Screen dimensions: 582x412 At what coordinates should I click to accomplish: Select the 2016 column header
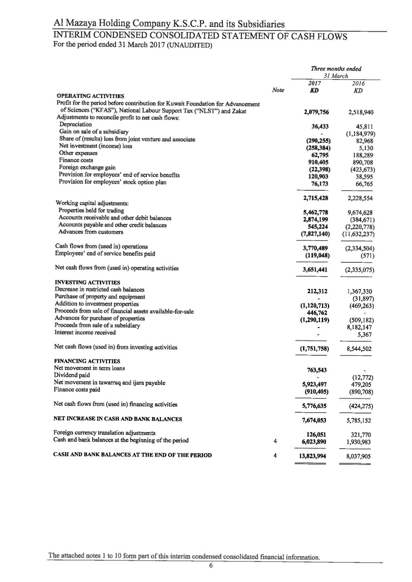pos(358,83)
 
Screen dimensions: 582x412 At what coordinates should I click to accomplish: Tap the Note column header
pos(278,91)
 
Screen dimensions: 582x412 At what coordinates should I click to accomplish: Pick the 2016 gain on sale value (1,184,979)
pos(360,134)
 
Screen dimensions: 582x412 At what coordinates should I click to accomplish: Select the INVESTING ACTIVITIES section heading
pos(88,282)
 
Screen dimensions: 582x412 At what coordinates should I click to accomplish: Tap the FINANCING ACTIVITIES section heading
pos(87,361)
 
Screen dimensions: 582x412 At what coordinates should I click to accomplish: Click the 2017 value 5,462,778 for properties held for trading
pos(315,212)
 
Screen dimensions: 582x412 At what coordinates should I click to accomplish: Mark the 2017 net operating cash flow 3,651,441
pos(315,270)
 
